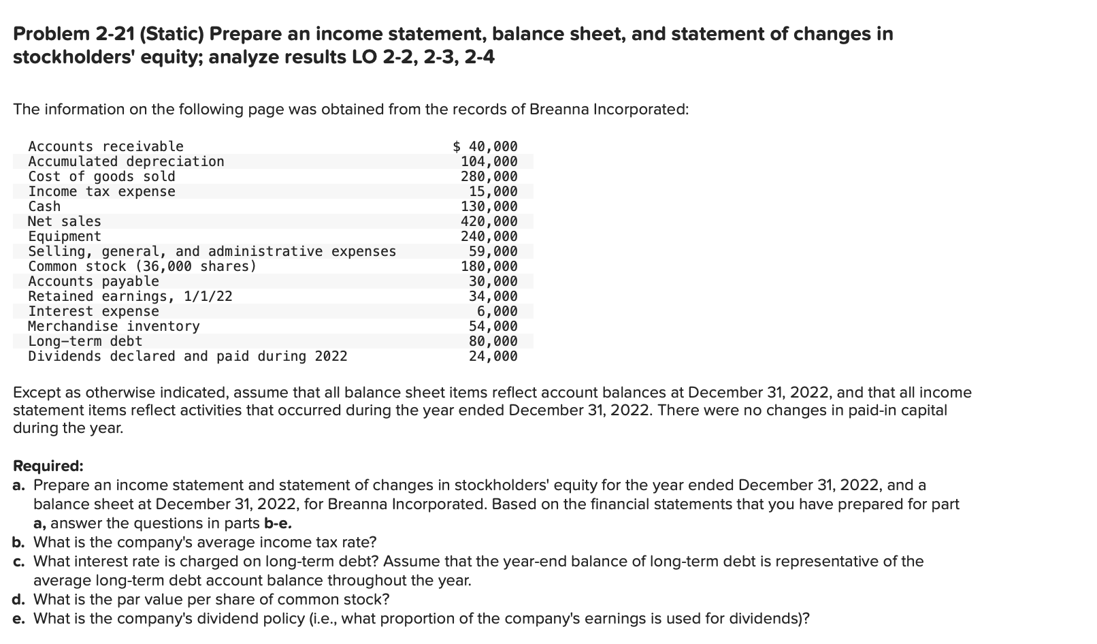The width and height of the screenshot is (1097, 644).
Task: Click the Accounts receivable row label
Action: coord(105,146)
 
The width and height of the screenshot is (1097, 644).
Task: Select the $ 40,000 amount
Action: coord(485,146)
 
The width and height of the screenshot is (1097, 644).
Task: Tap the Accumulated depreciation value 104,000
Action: coord(489,161)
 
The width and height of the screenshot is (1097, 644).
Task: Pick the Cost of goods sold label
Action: coord(101,176)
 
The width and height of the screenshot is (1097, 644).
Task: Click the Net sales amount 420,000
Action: coord(489,221)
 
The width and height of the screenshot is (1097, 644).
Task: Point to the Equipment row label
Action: coord(64,236)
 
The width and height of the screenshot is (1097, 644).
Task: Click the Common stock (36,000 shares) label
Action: coord(142,266)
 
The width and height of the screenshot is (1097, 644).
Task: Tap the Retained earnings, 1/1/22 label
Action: coord(130,296)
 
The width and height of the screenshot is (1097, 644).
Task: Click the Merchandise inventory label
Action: coord(114,326)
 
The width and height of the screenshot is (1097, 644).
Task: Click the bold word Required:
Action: coord(48,466)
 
